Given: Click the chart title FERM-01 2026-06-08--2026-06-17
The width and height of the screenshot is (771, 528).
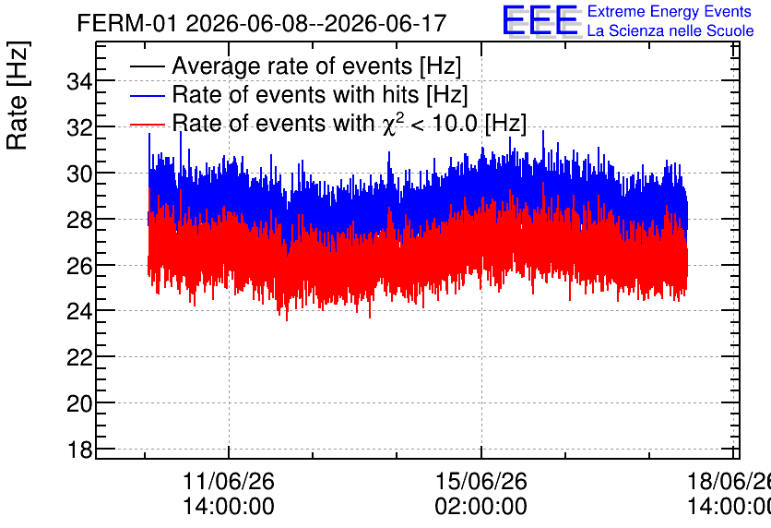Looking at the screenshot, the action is click(x=262, y=23).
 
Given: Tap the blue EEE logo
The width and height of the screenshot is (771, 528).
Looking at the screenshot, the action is click(x=540, y=20).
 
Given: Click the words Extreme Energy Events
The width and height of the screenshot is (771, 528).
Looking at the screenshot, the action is click(x=670, y=11).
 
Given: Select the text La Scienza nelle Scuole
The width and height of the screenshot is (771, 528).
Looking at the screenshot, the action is click(x=670, y=30).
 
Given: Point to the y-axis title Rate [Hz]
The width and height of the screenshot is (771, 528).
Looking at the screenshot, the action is click(x=18, y=95).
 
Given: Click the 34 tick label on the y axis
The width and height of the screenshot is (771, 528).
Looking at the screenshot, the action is click(x=79, y=81).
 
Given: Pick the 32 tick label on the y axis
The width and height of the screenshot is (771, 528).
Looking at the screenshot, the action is click(x=79, y=127).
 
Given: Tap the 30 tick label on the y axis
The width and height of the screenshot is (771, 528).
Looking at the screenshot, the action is click(x=79, y=174).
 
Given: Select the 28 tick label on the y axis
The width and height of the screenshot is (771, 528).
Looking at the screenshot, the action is click(x=79, y=220).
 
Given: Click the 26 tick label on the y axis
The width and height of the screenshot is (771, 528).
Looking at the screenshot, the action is click(x=79, y=266).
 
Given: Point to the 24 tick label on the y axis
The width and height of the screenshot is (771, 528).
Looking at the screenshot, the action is click(x=79, y=311).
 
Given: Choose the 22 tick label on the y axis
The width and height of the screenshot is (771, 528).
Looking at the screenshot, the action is click(x=79, y=357).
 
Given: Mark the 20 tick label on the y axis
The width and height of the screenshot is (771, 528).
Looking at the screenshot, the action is click(x=79, y=403).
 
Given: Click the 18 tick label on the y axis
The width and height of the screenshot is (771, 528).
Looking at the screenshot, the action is click(x=79, y=450).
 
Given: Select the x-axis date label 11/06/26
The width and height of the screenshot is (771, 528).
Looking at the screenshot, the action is click(x=229, y=481).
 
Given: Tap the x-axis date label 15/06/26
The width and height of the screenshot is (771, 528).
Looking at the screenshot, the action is click(x=480, y=481).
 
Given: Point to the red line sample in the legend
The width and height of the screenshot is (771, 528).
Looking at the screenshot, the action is click(x=147, y=125).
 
